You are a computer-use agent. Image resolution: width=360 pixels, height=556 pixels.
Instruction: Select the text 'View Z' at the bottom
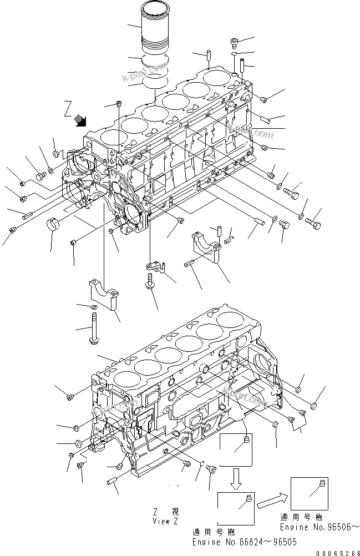(165, 522)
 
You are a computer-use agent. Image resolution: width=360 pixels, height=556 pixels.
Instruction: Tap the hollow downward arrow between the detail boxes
(236, 479)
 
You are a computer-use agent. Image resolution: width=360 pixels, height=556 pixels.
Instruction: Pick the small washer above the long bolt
(95, 306)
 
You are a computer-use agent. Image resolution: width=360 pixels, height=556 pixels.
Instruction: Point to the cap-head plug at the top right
(234, 43)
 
